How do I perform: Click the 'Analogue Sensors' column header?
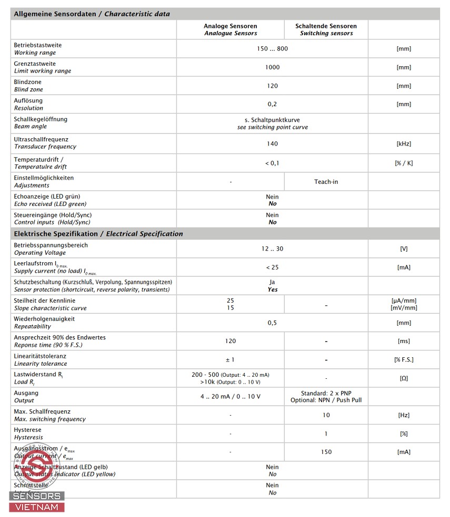coord(230,29)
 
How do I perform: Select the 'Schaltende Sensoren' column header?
coord(326,29)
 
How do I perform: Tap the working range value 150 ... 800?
coord(272,49)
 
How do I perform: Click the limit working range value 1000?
coord(272,67)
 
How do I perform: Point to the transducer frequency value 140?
coord(272,143)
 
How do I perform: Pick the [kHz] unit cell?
coord(404,143)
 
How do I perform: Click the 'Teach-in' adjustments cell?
coord(326,182)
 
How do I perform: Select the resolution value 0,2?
coord(272,104)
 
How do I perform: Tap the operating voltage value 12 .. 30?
coord(272,249)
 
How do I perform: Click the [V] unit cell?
coord(404,249)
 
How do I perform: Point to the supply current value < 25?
coord(272,267)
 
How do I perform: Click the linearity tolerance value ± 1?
coord(230,359)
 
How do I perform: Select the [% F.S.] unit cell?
coord(404,359)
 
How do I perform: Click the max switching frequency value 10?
coord(326,415)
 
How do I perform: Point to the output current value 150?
coord(326,452)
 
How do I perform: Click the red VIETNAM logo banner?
coord(37,507)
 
